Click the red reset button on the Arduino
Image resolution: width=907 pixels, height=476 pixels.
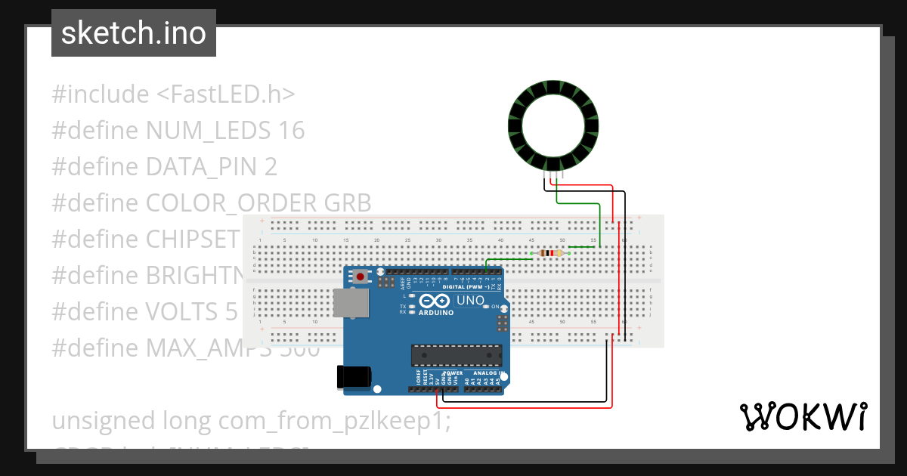pos(361,277)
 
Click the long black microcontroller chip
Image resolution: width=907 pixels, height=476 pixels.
pos(456,354)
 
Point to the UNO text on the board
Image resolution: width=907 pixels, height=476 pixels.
pos(470,301)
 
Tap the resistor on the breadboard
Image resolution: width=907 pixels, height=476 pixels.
pos(553,253)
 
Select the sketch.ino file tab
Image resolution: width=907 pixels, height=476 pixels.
pos(134,33)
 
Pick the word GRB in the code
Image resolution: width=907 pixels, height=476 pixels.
pos(348,202)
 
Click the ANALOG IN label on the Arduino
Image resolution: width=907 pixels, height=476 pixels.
pos(487,373)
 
